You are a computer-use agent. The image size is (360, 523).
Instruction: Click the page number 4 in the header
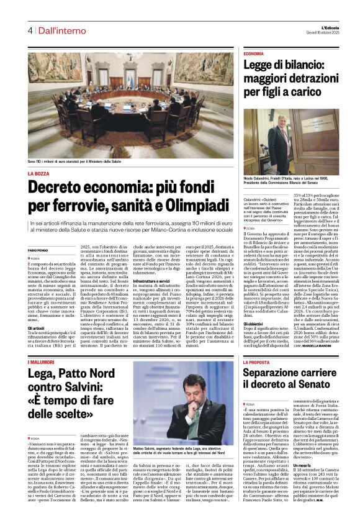pos(29,30)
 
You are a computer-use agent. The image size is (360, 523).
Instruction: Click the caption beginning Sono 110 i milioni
pos(74,161)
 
